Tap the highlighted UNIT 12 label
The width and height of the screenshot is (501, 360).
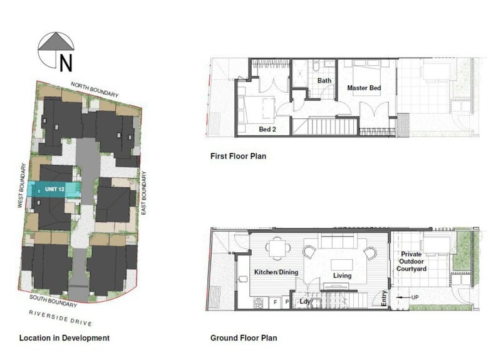click(x=55, y=188)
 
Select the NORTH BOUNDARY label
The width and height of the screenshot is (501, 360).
click(x=95, y=89)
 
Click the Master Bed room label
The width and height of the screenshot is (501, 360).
click(x=364, y=88)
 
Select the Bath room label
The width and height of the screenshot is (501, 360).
click(x=324, y=81)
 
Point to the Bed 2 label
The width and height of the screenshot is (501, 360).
click(x=268, y=130)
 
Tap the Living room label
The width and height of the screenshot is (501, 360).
click(x=342, y=275)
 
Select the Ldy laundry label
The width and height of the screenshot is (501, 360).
click(x=305, y=302)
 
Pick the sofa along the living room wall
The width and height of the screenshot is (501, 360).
click(x=339, y=240)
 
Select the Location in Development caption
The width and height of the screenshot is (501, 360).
click(x=65, y=338)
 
